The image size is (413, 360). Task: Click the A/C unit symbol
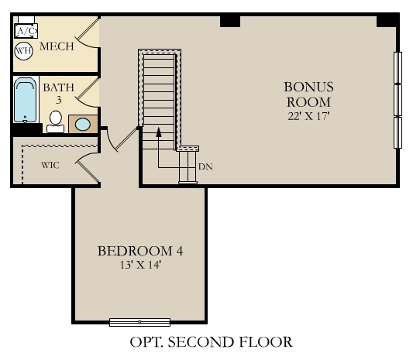tap(27, 30)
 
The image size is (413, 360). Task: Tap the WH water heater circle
tap(23, 51)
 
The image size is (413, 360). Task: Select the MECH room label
tap(57, 46)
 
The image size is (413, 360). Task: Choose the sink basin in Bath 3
tap(82, 124)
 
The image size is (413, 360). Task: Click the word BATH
tap(59, 87)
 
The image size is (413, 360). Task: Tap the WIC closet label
tap(50, 165)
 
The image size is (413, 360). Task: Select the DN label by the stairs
tap(205, 166)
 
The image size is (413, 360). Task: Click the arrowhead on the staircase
tap(158, 132)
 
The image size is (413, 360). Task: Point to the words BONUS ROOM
tap(308, 94)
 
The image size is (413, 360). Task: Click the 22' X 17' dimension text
tap(308, 116)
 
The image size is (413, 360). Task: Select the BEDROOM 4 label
tap(139, 251)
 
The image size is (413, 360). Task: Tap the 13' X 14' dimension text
tap(139, 266)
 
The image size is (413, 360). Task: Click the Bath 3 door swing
tap(89, 91)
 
